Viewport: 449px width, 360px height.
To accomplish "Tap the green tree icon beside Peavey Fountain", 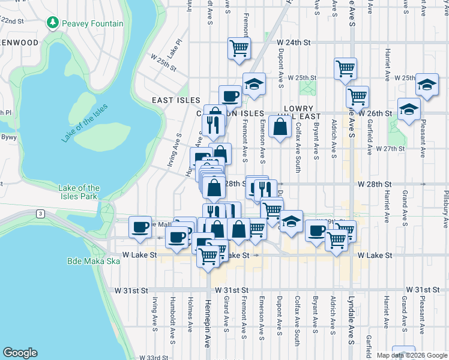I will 53,23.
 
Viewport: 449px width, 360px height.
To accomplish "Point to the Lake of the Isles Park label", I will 79,192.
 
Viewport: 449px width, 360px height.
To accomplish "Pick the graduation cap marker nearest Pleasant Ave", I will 427,85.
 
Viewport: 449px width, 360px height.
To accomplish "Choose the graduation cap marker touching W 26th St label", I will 409,109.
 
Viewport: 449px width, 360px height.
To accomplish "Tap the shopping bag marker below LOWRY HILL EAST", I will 280,126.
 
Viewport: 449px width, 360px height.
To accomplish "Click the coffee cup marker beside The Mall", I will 141,226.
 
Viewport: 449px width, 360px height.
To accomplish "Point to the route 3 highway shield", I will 40,213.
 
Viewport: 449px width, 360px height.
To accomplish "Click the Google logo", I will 20,352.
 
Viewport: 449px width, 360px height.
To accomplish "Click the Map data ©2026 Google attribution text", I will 411,355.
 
